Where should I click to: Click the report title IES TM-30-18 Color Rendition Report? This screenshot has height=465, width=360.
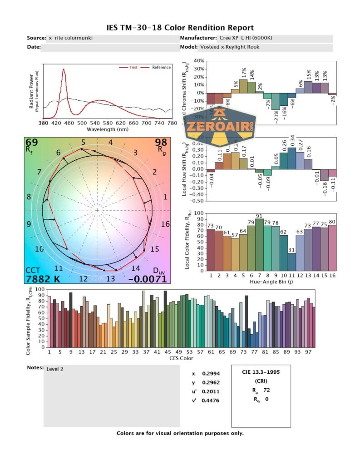tap(180, 28)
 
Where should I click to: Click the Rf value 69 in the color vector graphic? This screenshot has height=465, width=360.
tap(32, 143)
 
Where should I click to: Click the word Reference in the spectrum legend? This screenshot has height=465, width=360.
tap(161, 68)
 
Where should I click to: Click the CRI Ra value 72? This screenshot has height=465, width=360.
tap(266, 390)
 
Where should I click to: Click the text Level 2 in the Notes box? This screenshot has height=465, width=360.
tap(55, 369)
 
